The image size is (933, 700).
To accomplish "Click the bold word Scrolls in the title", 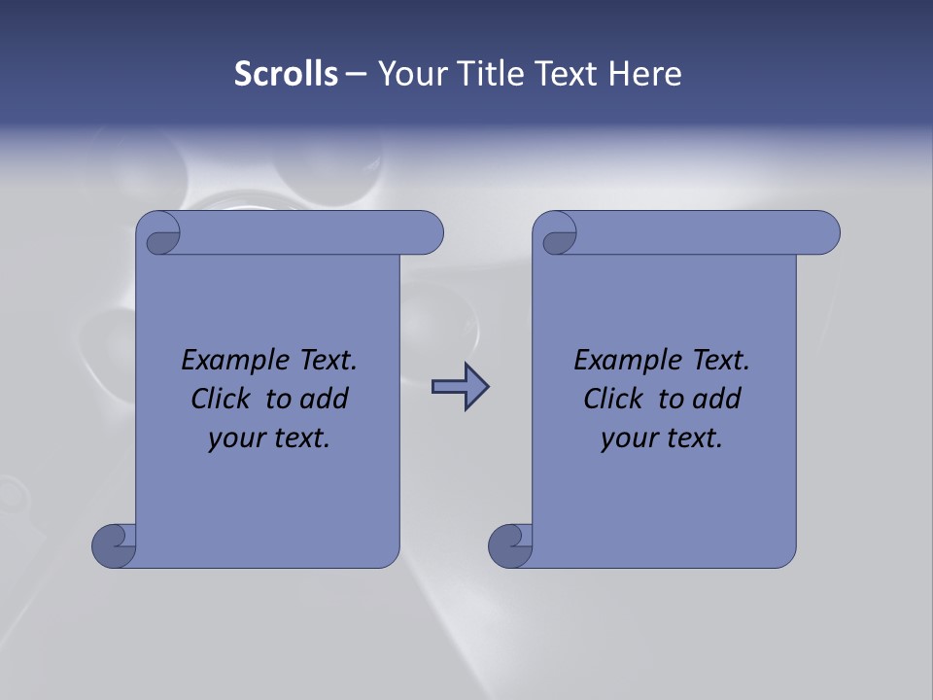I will (286, 74).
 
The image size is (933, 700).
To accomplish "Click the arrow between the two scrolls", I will (460, 387).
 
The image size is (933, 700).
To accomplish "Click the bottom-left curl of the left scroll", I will (115, 545).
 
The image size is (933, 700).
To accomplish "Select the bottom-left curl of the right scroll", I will (510, 545).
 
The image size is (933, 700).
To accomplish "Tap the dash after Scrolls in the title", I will (356, 74).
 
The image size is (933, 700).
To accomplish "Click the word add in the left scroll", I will (324, 400).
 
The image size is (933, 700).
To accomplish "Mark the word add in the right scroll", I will (716, 400).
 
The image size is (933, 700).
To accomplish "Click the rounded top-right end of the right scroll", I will (821, 233).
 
